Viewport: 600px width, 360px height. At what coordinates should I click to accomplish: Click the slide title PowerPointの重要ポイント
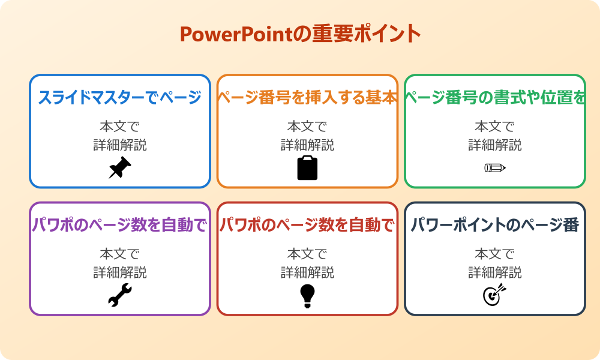300,34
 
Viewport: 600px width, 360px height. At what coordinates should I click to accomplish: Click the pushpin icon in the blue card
120,168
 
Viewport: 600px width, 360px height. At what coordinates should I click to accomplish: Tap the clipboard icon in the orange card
307,168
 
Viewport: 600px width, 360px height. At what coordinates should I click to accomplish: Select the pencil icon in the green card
495,168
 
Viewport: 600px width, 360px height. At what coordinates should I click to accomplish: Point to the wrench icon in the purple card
120,295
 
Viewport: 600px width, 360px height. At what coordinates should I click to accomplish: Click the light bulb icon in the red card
307,295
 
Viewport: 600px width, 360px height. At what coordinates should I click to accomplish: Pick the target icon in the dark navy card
495,295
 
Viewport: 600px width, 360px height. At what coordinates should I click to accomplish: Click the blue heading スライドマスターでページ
120,98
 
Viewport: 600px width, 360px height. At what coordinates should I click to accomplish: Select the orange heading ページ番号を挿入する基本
307,98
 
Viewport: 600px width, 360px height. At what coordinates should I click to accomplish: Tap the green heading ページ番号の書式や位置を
495,98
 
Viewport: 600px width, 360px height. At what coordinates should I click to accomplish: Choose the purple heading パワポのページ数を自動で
120,226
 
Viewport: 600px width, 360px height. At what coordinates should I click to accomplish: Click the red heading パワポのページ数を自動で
307,226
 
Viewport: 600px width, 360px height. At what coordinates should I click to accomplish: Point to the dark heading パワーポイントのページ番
495,226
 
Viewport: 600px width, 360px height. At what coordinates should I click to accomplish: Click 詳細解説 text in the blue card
120,145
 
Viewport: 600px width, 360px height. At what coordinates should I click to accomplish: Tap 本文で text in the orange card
307,127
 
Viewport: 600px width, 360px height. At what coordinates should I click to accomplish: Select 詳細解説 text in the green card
495,145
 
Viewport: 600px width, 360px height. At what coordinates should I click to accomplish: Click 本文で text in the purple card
120,254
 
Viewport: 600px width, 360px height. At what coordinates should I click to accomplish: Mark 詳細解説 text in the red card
307,272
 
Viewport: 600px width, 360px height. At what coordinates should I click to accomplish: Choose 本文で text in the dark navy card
495,254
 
